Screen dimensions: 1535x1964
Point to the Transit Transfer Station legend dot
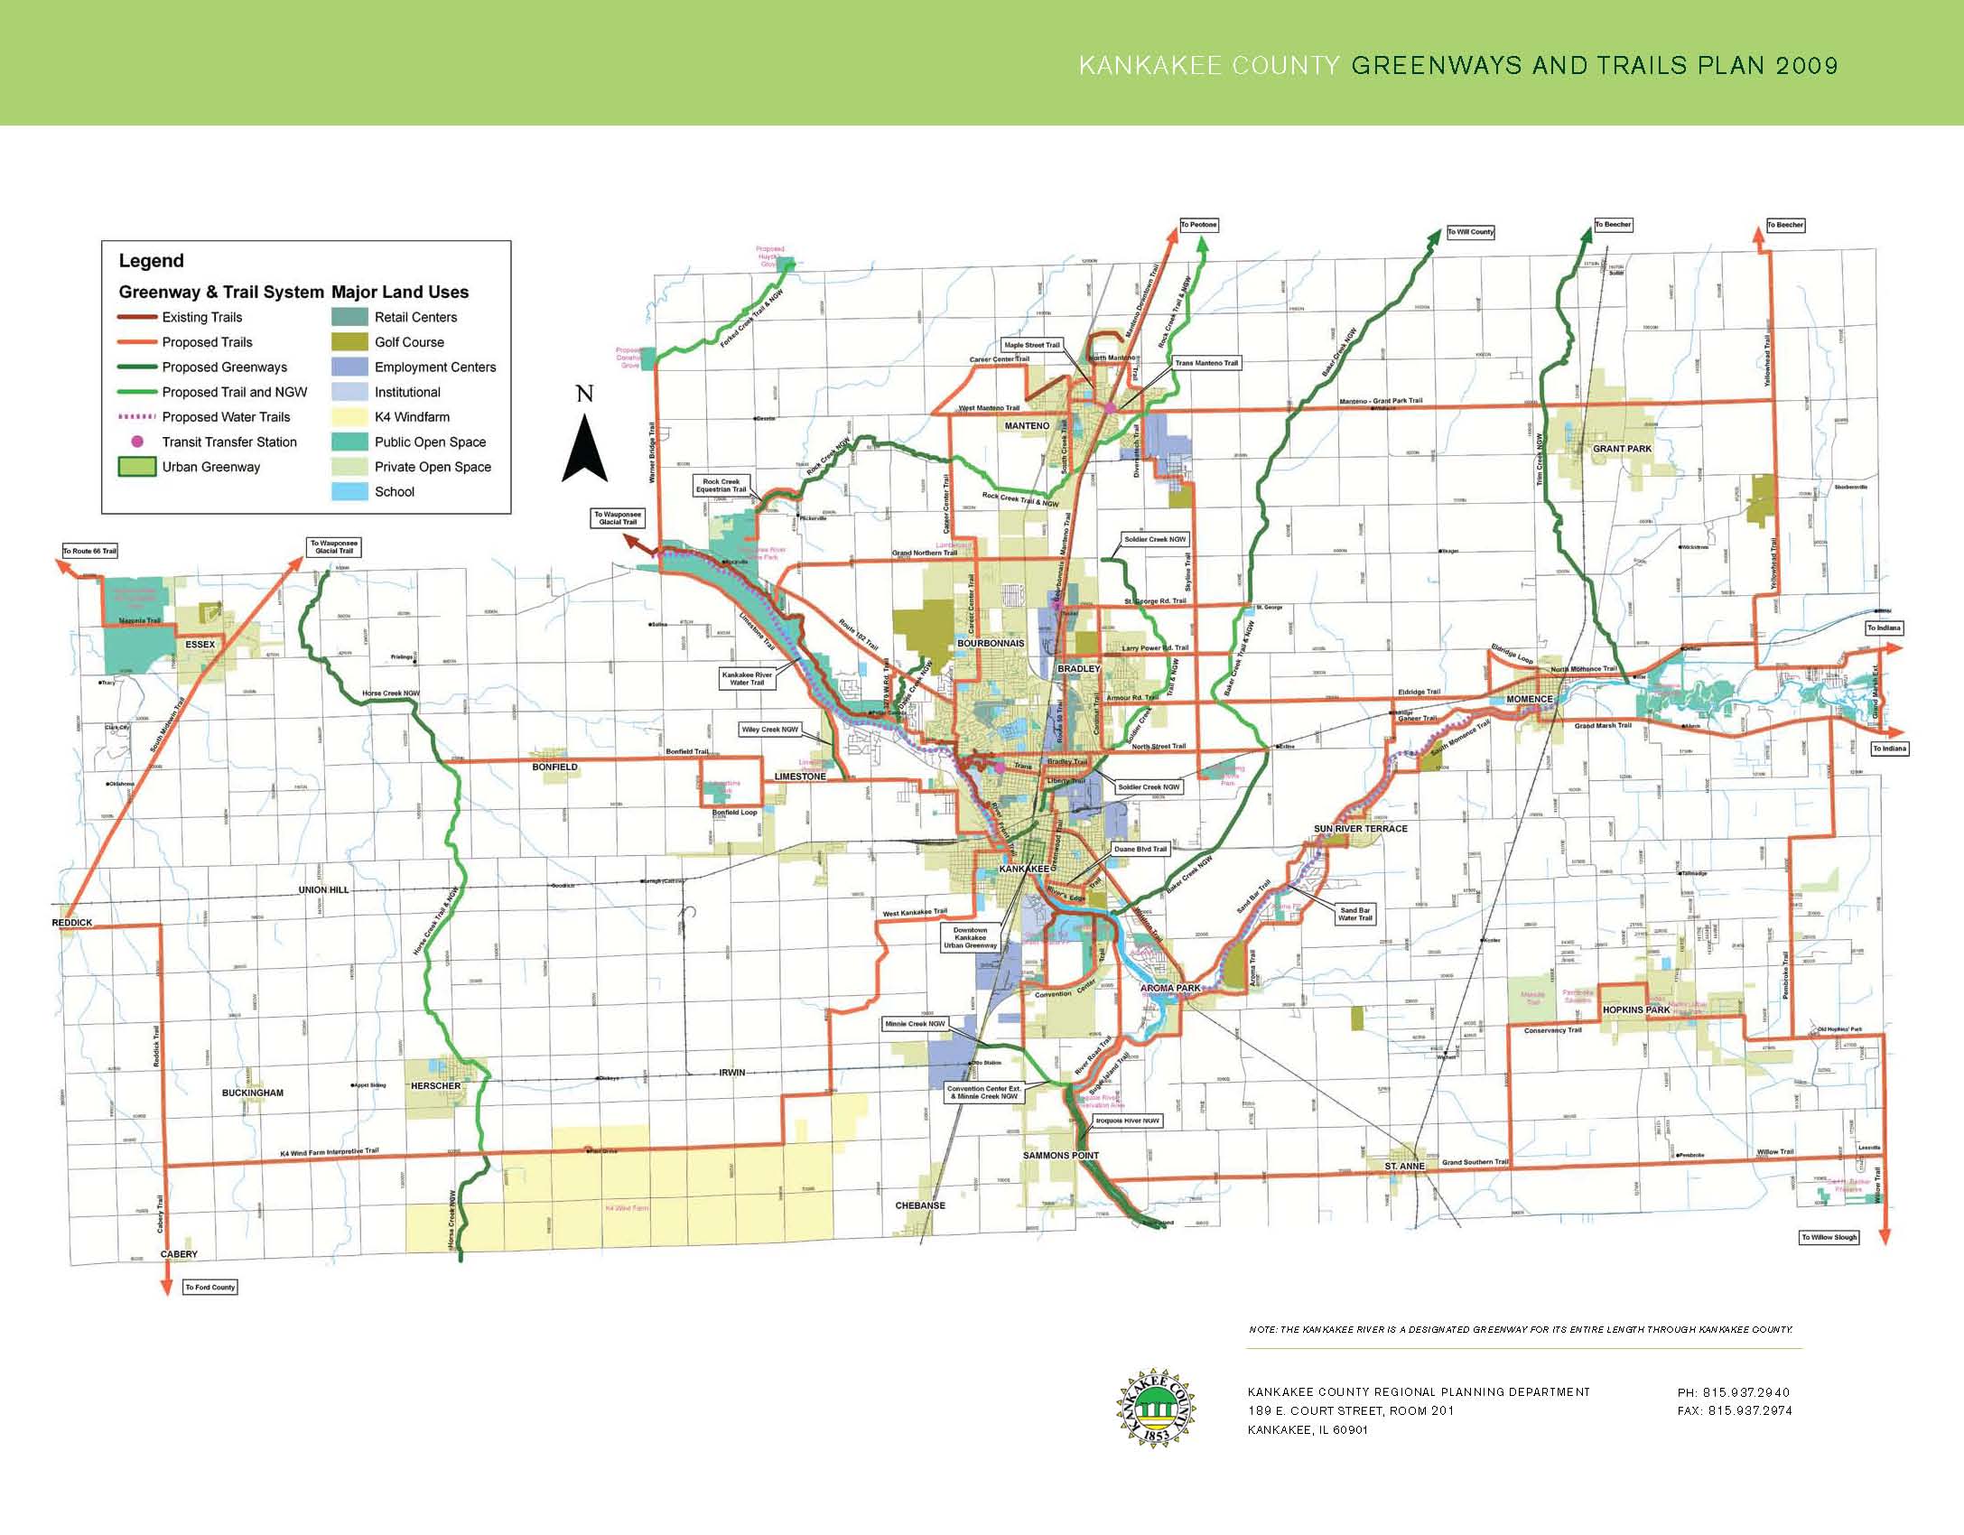137,442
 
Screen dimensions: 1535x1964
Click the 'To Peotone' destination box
1199,225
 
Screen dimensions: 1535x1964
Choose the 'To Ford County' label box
210,1287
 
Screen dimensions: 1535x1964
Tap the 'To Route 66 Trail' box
89,551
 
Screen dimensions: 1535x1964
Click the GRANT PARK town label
1622,449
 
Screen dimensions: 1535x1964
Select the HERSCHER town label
436,1086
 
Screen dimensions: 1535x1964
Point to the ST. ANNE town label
1405,1167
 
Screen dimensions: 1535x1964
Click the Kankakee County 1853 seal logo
1157,1405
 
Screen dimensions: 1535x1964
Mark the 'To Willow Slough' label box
1829,1237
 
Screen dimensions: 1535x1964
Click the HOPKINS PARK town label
1637,1010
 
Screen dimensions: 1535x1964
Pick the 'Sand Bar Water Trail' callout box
1354,914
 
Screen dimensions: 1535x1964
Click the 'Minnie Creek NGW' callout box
916,1024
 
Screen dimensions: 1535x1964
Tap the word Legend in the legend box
152,261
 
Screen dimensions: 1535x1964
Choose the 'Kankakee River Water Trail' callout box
747,678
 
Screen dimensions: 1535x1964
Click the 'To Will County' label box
1471,232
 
